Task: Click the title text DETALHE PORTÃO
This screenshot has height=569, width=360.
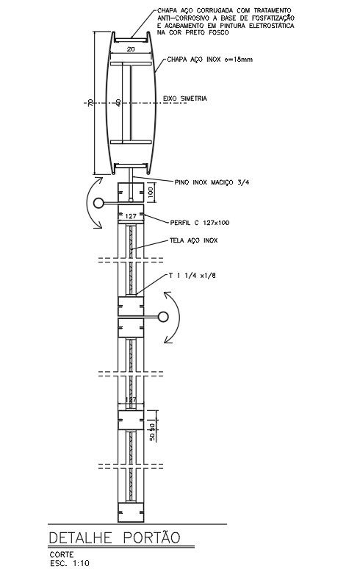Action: pyautogui.click(x=114, y=537)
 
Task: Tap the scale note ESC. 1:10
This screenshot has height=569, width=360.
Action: pyautogui.click(x=69, y=564)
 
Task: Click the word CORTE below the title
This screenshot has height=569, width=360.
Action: pyautogui.click(x=62, y=554)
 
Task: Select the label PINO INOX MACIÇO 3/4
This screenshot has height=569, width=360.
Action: pyautogui.click(x=212, y=182)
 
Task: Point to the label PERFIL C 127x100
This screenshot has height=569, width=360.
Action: pyautogui.click(x=200, y=223)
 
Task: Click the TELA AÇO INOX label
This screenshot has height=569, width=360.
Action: pyautogui.click(x=194, y=240)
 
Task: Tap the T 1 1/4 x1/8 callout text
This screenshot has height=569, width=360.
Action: pyautogui.click(x=192, y=276)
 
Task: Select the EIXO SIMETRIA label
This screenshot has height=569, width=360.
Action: pyautogui.click(x=185, y=99)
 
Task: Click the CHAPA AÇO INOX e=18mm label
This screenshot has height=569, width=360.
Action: pyautogui.click(x=209, y=59)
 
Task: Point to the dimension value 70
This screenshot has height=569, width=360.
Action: pyautogui.click(x=90, y=103)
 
